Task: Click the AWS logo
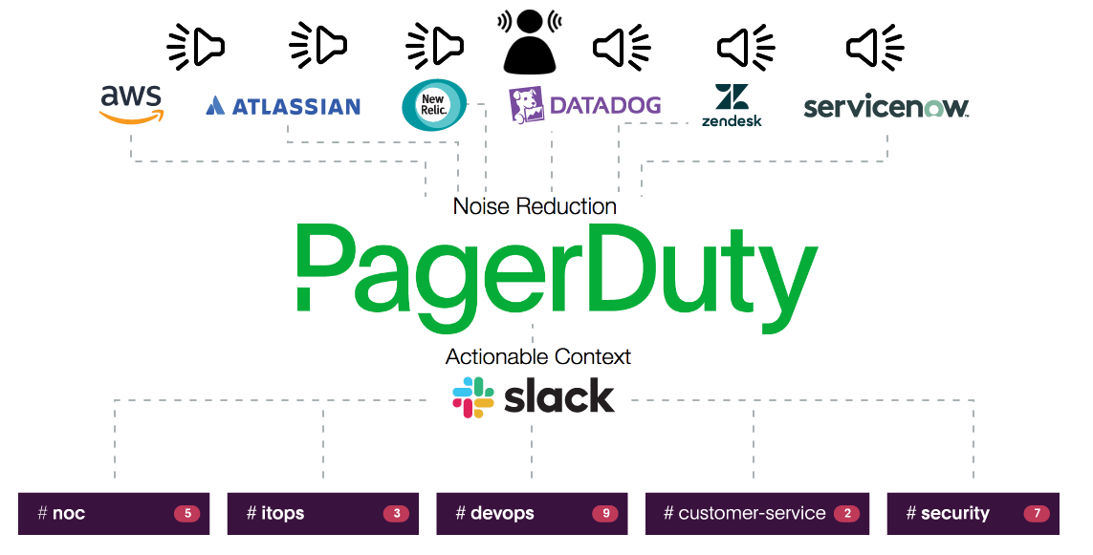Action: (x=131, y=104)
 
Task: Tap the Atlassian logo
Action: (x=283, y=106)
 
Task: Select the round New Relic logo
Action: (x=434, y=104)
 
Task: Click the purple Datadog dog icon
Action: (x=526, y=105)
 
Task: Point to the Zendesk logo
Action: (x=732, y=105)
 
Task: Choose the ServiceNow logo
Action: (x=885, y=107)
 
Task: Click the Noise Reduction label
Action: (x=535, y=206)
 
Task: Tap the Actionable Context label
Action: (x=538, y=357)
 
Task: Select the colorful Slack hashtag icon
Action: (x=472, y=397)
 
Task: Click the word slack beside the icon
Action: (x=559, y=397)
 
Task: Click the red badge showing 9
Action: (x=605, y=514)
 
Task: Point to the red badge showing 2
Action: (x=846, y=514)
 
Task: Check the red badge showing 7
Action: (x=1037, y=514)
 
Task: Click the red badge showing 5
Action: (x=186, y=514)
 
